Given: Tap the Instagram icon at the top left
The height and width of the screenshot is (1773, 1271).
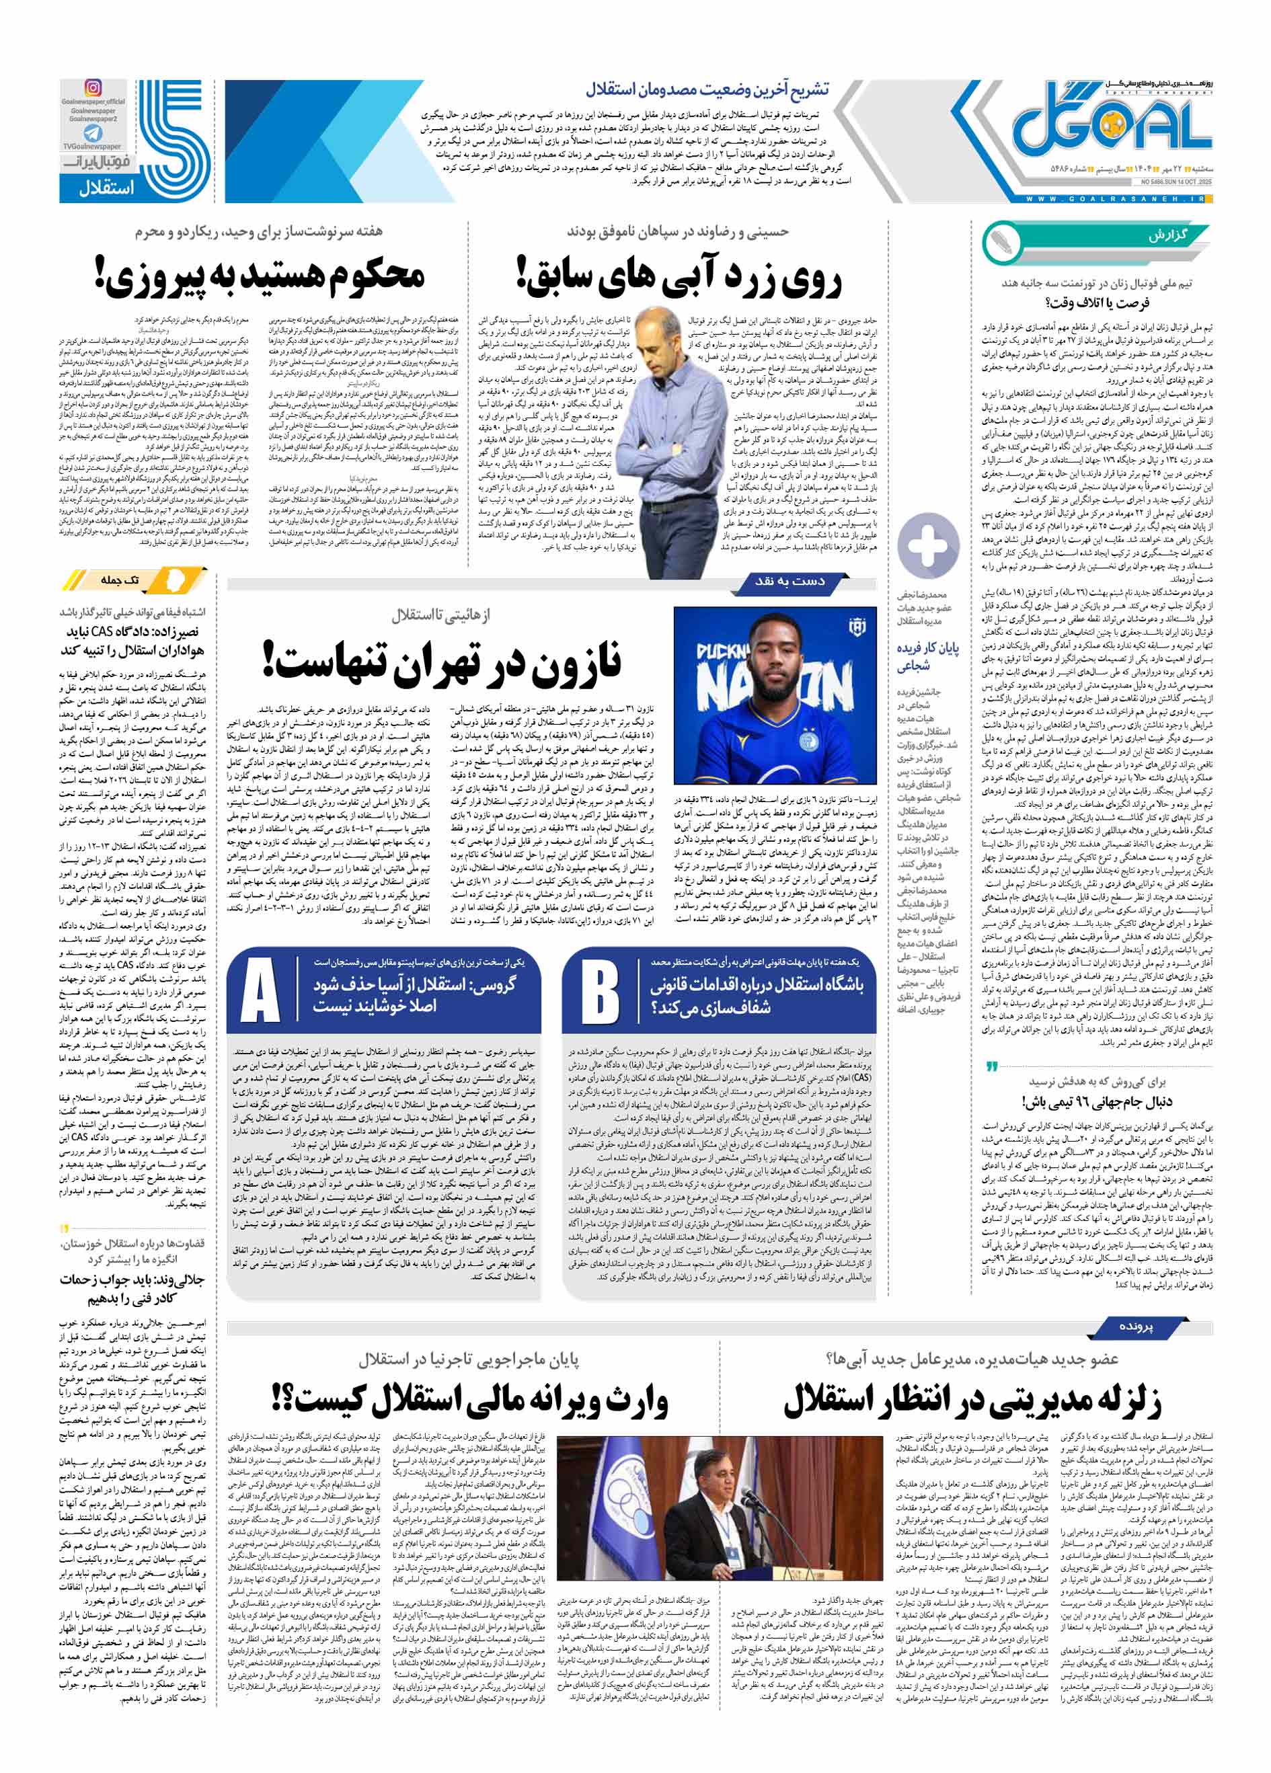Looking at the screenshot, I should click(93, 88).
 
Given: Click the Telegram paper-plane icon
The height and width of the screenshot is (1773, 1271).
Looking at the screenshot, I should click(93, 134).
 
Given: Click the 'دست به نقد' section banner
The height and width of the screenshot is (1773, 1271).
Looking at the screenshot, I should click(789, 581).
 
